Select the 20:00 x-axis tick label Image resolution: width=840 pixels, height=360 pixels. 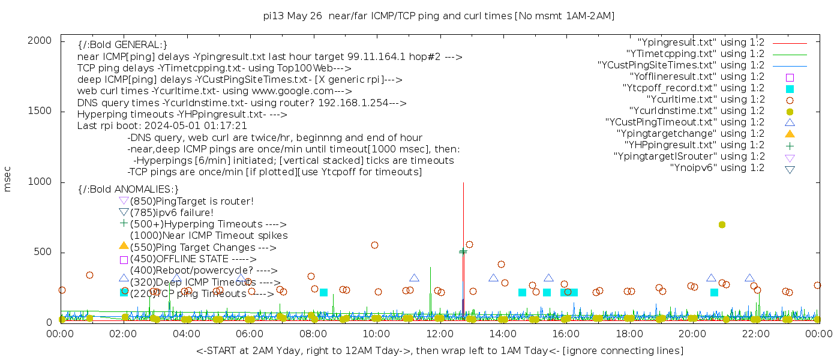692,334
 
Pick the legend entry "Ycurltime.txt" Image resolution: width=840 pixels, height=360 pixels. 706,100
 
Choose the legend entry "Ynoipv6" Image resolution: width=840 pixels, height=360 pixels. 717,168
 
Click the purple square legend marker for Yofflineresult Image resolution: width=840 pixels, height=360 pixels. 790,77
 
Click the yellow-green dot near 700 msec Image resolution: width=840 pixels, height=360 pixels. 722,224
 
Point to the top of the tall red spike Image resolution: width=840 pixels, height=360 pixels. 463,183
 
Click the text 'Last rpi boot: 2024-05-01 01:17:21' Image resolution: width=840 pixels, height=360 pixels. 162,126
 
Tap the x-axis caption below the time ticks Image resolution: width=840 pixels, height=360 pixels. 439,350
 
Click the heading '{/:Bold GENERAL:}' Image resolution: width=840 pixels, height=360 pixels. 122,45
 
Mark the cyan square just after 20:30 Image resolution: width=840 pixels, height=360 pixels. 714,292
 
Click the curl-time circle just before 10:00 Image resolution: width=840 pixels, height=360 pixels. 374,245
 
